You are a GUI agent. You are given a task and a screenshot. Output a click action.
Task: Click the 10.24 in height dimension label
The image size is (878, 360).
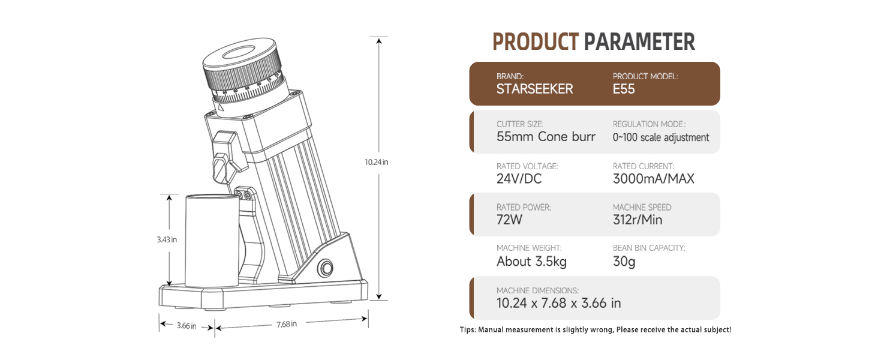click(x=377, y=162)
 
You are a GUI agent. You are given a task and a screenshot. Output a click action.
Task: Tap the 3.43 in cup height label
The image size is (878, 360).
click(x=167, y=239)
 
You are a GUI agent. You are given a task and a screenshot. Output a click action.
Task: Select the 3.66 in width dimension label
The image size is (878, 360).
click(x=186, y=326)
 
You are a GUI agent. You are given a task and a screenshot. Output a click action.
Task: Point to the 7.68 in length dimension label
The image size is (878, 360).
click(x=287, y=324)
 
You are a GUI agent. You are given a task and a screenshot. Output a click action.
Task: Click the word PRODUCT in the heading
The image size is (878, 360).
click(x=535, y=42)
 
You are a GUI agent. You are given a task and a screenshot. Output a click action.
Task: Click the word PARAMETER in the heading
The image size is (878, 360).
click(x=639, y=42)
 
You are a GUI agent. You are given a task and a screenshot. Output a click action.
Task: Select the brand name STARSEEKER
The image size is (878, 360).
click(x=534, y=89)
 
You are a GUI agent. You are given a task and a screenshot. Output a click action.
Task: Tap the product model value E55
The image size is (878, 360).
click(x=624, y=89)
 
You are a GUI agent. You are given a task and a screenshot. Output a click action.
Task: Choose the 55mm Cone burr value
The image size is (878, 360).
click(x=546, y=137)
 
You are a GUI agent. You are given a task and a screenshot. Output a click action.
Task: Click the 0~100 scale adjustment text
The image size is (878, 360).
click(x=661, y=137)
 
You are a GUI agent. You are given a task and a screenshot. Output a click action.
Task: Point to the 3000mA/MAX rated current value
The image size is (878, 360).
click(x=653, y=179)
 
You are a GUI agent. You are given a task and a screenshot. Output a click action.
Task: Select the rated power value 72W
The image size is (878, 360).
click(x=510, y=220)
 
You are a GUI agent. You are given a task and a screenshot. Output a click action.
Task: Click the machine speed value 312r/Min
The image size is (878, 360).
click(x=638, y=220)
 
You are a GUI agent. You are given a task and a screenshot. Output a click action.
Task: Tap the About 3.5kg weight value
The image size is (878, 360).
click(x=531, y=262)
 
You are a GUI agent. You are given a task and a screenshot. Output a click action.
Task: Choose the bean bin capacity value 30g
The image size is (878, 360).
click(x=624, y=262)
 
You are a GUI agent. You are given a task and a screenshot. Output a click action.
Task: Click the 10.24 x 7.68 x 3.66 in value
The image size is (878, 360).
click(x=559, y=303)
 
